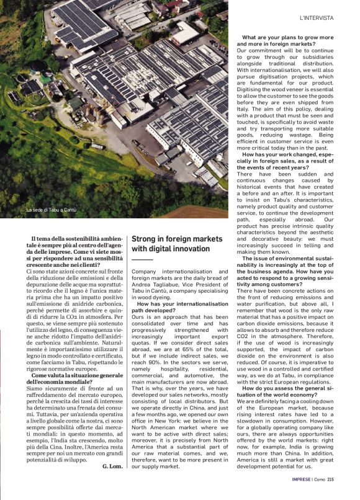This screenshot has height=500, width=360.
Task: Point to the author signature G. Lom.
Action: click(111, 465)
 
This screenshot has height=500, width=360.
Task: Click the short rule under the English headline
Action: click(142, 259)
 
